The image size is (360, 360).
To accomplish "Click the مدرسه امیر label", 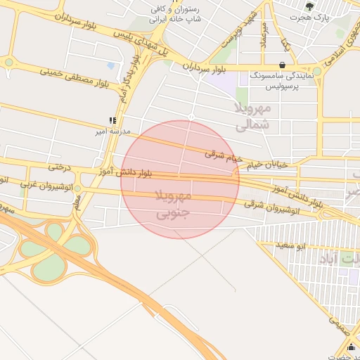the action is click(112, 131).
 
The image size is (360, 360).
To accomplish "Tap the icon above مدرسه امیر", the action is click(112, 120).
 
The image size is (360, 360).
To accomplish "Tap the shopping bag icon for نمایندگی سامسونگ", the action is click(282, 64).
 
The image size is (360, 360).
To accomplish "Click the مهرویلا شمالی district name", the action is click(252, 117).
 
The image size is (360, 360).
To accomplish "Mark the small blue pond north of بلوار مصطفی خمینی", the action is click(111, 67).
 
